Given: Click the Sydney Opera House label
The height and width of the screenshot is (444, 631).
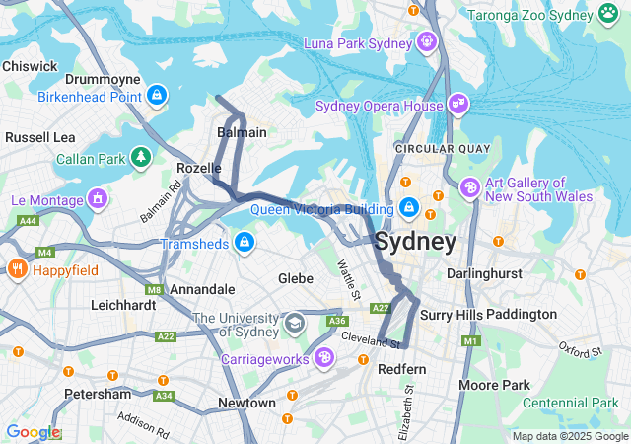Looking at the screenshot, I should pos(379,106).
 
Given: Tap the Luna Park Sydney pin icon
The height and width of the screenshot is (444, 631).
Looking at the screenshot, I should pos(427,41).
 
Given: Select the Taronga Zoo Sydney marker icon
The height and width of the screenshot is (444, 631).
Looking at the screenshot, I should pos(607,15).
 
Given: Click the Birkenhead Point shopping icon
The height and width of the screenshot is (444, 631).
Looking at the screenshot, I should pos(156,96).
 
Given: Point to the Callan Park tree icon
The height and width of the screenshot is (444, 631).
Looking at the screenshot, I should pos(142,158).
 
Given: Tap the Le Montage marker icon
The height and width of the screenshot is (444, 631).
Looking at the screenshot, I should pos(97,200).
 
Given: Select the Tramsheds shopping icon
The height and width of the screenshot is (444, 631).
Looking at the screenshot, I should pos(243,243).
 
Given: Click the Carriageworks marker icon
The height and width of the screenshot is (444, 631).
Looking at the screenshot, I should pos(324,358).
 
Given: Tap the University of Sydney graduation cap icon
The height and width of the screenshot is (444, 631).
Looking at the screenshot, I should pos(294,324).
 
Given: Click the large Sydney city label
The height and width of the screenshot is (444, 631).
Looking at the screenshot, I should pos(415,242).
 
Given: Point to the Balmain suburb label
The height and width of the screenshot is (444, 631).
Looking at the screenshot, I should pos(242,132).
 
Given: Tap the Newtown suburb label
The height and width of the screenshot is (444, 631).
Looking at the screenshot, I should pos(246,403).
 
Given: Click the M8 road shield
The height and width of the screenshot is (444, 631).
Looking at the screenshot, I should pos(154,290).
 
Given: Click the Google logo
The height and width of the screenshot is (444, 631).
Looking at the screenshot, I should pos(32,432).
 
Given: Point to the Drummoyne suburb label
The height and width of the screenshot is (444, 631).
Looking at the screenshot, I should pos(103,78).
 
